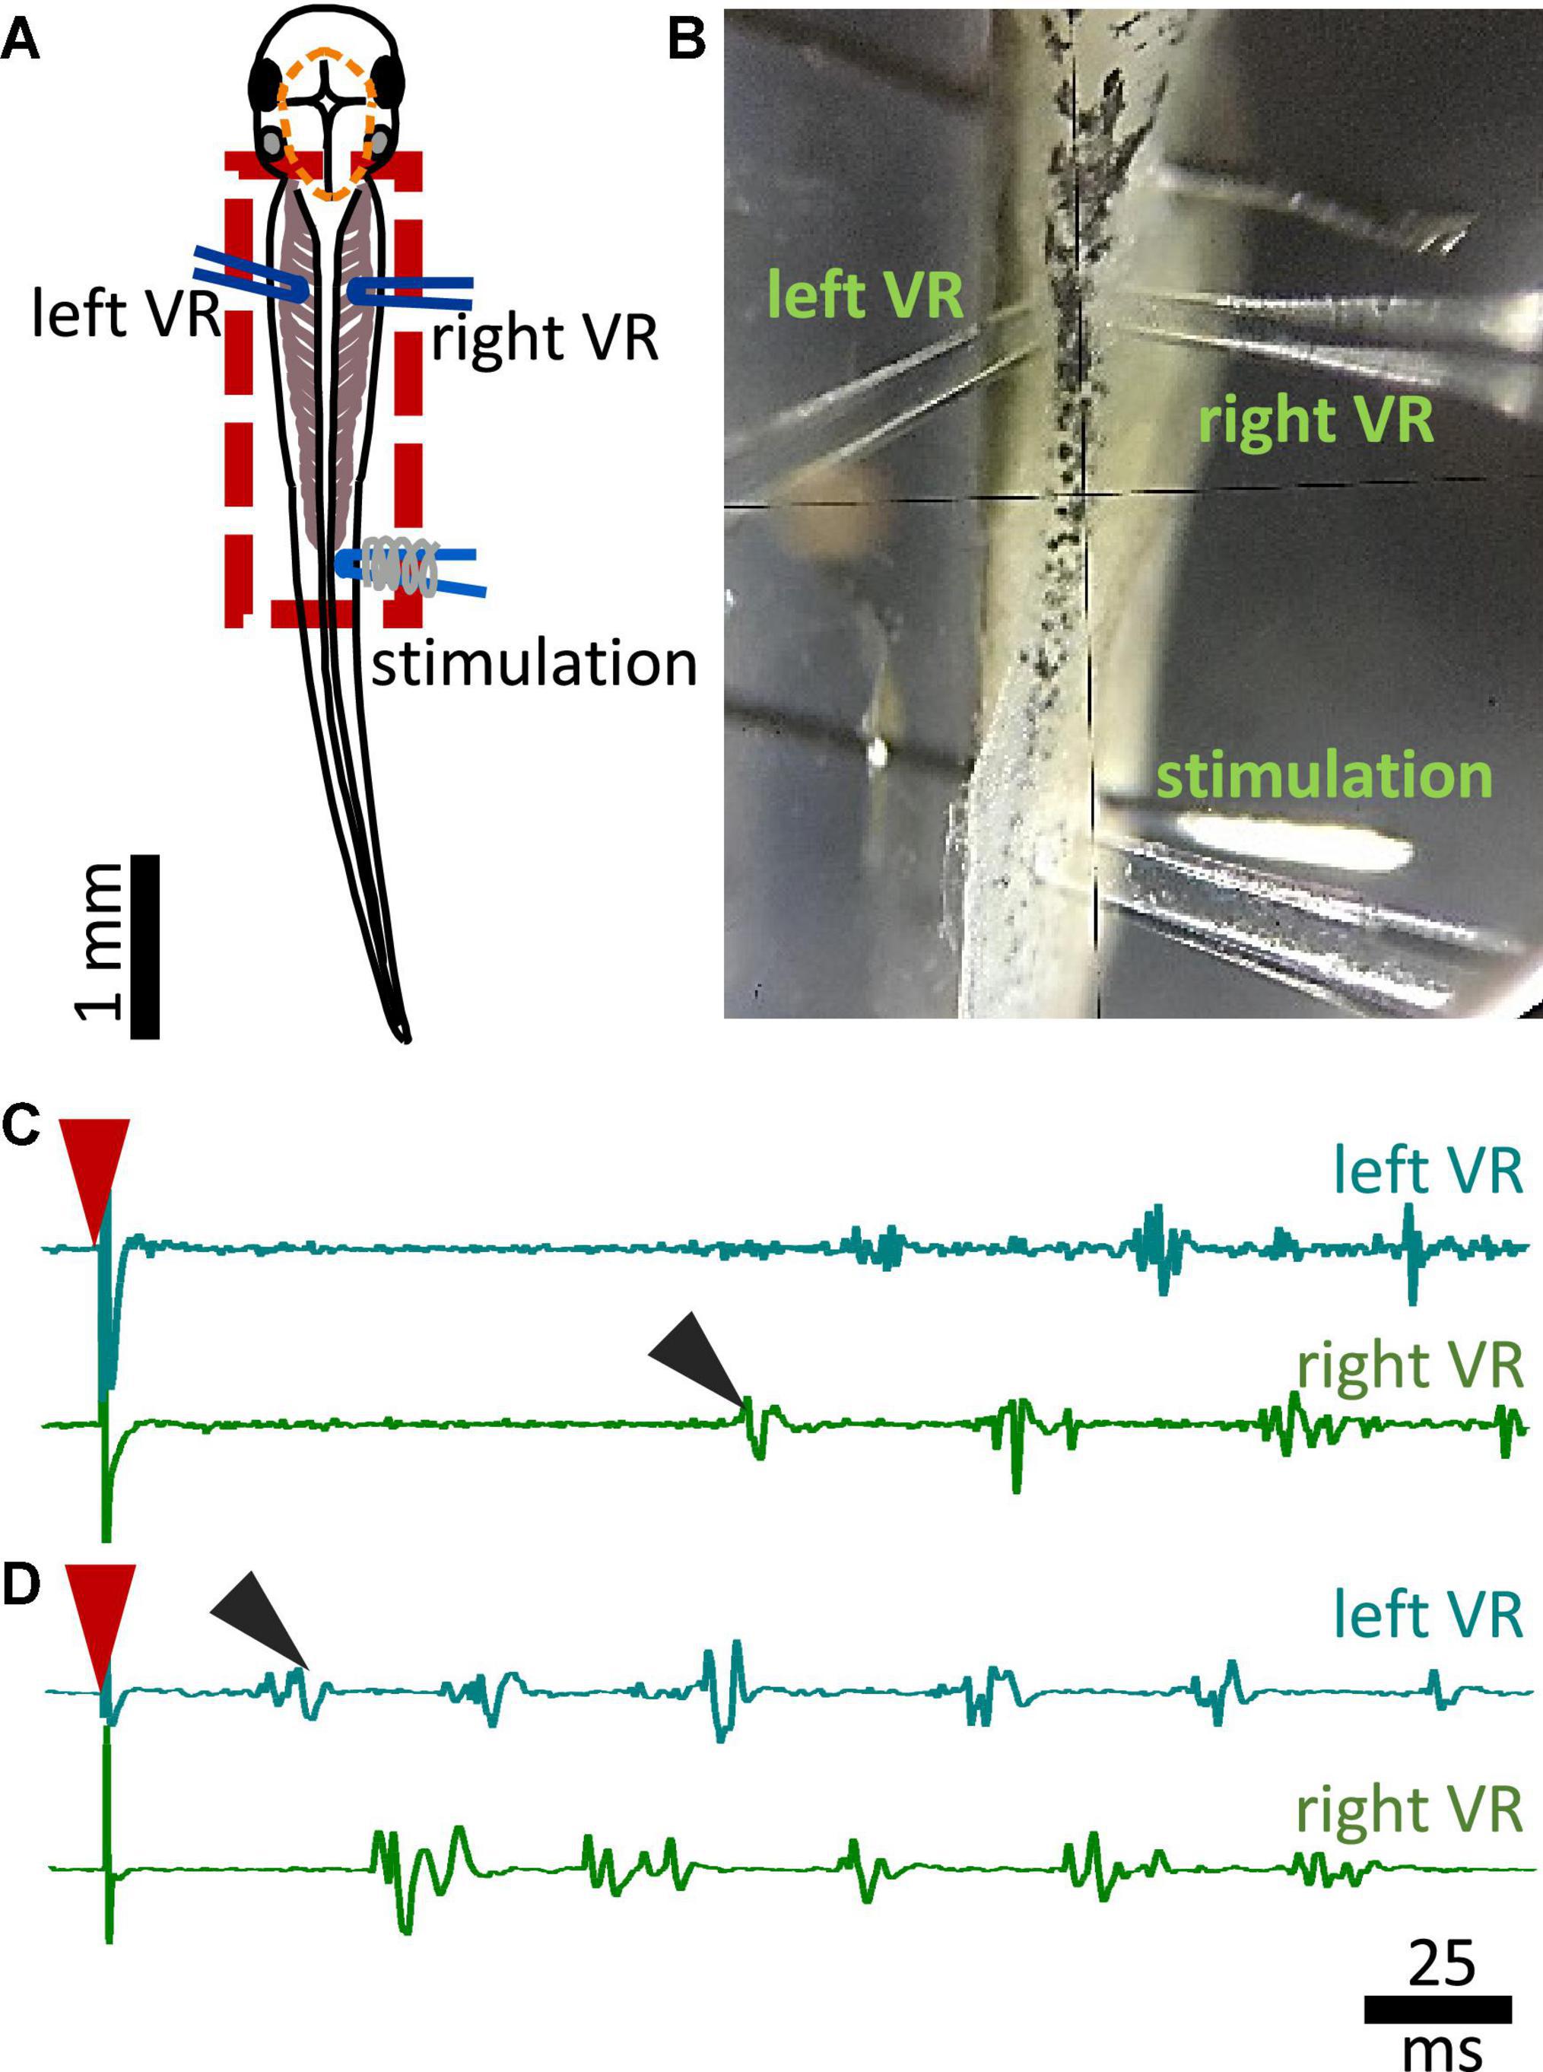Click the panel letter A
(x=21, y=43)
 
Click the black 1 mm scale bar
(x=144, y=945)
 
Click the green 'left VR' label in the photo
(x=865, y=295)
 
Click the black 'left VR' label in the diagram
(x=126, y=315)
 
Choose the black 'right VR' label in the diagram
(x=544, y=338)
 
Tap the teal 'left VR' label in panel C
(x=1428, y=1170)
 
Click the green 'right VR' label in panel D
(x=1409, y=1810)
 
